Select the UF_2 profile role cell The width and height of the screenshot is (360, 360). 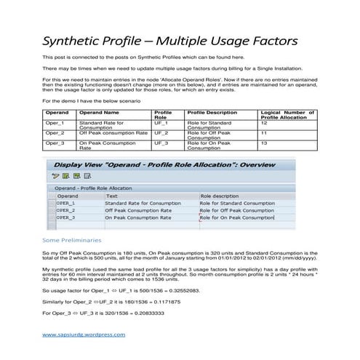pyautogui.click(x=161, y=134)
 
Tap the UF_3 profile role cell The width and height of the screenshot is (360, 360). pyautogui.click(x=161, y=143)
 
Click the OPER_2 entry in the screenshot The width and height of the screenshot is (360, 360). pyautogui.click(x=67, y=209)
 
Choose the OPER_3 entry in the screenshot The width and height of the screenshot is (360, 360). pyautogui.click(x=67, y=217)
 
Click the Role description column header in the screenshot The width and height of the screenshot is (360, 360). pyautogui.click(x=219, y=196)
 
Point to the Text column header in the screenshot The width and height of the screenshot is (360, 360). pyautogui.click(x=111, y=196)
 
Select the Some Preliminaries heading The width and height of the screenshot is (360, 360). pyautogui.click(x=72, y=239)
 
